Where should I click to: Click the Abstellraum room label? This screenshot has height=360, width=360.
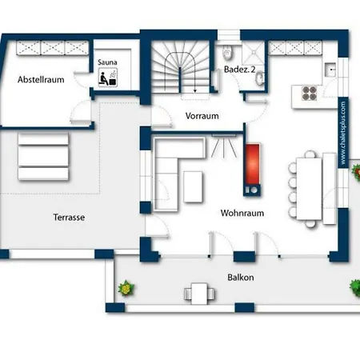(x=41, y=79)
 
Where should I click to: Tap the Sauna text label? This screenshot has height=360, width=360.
(x=107, y=62)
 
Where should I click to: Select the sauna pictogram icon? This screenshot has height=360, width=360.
(x=108, y=77)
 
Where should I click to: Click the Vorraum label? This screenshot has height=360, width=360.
(x=202, y=116)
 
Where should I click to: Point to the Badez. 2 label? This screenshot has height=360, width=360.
(x=239, y=70)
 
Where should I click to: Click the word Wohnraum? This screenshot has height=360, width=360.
(x=242, y=213)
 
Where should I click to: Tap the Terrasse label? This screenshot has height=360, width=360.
(x=69, y=218)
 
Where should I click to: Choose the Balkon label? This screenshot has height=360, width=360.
(x=241, y=278)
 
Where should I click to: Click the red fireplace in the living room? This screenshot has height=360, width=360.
(x=252, y=164)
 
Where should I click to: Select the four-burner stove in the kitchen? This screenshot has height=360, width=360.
(x=310, y=94)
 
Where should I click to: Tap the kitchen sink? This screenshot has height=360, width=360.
(x=330, y=70)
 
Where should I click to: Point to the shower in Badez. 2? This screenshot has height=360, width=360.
(x=253, y=53)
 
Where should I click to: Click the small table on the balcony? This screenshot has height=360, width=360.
(x=199, y=294)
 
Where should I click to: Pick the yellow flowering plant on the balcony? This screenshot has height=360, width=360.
(x=126, y=288)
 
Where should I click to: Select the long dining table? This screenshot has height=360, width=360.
(x=309, y=189)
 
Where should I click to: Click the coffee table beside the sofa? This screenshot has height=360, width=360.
(x=193, y=186)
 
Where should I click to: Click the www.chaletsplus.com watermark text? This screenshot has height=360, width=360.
(x=343, y=133)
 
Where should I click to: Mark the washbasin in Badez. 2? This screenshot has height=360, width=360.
(x=259, y=78)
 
